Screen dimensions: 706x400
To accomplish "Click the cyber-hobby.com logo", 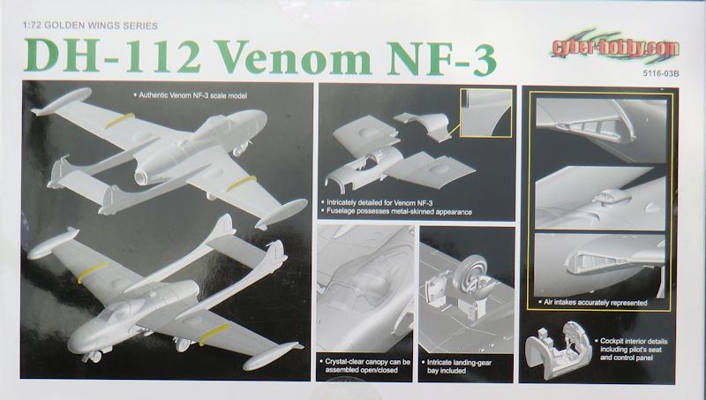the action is (x=615, y=47).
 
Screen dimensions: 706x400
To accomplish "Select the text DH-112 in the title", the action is (x=113, y=57).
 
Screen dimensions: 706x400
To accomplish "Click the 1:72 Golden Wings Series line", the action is (x=90, y=26).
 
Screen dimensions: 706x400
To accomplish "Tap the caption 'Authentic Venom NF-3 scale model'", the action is (x=191, y=95).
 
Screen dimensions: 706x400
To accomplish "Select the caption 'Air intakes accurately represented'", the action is (x=593, y=303).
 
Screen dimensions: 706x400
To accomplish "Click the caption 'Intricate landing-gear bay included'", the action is (x=456, y=366).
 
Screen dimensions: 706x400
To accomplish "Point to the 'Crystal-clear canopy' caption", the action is (x=364, y=366).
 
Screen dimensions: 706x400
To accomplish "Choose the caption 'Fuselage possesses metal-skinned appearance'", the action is (x=396, y=212).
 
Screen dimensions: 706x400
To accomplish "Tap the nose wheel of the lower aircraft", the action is (x=94, y=357).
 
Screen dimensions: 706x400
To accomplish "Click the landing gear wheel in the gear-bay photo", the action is (x=470, y=274).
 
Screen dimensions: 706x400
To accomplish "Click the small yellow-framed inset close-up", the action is (x=486, y=113).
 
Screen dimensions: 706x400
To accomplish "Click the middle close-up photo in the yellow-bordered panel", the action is (x=600, y=198).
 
